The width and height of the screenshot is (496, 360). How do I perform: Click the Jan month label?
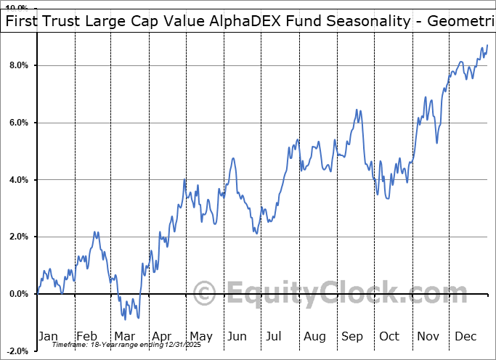pos(48,336)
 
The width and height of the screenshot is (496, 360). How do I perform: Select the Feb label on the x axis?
pos(86,336)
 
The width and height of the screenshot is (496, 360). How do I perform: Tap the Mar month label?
pos(125,336)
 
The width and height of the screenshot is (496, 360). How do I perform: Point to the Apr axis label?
pos(162,336)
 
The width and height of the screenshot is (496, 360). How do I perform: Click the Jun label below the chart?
pos(237,336)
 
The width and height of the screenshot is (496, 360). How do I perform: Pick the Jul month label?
pos(275,336)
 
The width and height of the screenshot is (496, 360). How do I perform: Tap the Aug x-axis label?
pos(314,336)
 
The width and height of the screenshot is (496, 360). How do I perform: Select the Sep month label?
pos(351,336)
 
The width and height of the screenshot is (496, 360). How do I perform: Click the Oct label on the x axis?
pos(389,336)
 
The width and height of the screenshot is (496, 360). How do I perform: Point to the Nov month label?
pos(428,336)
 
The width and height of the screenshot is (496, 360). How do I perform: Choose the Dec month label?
pos(466,336)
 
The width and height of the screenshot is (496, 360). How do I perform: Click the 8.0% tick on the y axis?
pos(18,65)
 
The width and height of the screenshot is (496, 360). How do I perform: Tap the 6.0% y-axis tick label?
pos(18,123)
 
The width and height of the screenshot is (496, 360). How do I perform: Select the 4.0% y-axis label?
pos(18,180)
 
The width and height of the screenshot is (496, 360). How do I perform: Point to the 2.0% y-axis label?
pos(18,237)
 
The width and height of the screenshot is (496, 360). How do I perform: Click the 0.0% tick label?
pos(18,294)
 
